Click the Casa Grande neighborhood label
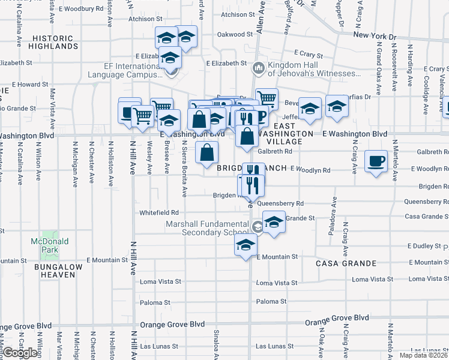pyautogui.click(x=346, y=263)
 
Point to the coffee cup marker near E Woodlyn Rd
pyautogui.click(x=376, y=161)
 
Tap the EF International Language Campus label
pyautogui.click(x=125, y=71)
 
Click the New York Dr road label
pyautogui.click(x=375, y=36)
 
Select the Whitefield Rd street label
pyautogui.click(x=159, y=212)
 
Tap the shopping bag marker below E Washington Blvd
pyautogui.click(x=206, y=153)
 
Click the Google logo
pyautogui.click(x=20, y=353)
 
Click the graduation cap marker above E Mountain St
pyautogui.click(x=246, y=245)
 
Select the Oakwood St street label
pyautogui.click(x=232, y=35)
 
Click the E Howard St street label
pyautogui.click(x=29, y=85)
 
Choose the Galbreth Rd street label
pyautogui.click(x=274, y=151)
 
